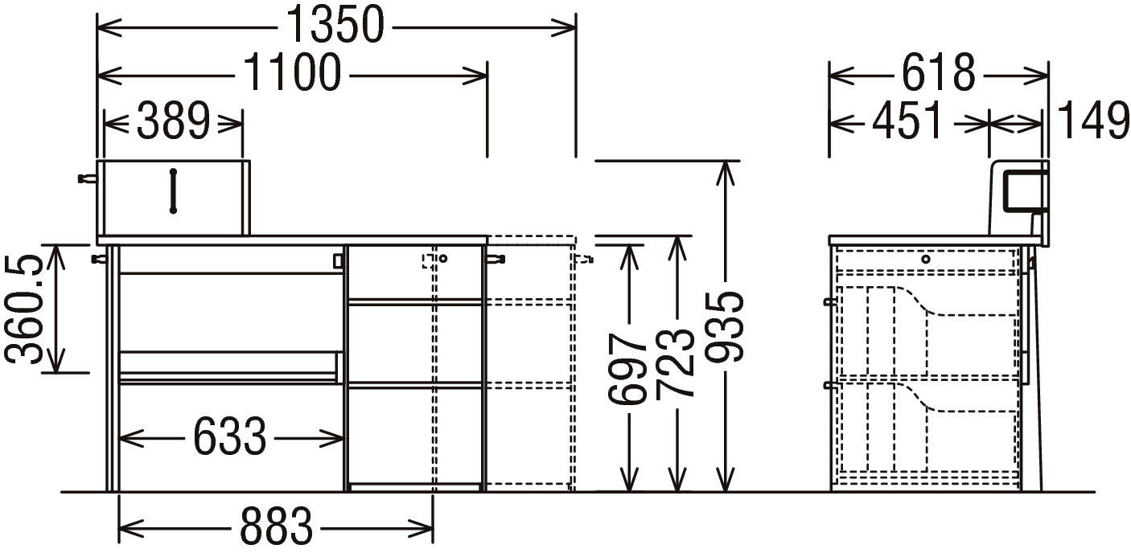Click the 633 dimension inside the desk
(x=229, y=438)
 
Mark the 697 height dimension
(x=627, y=367)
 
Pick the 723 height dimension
(x=676, y=363)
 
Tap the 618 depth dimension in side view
(x=938, y=75)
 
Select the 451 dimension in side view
(x=908, y=123)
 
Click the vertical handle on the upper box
(x=173, y=190)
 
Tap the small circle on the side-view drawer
(x=926, y=259)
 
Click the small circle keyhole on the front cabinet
(x=442, y=259)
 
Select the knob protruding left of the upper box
(x=84, y=178)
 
